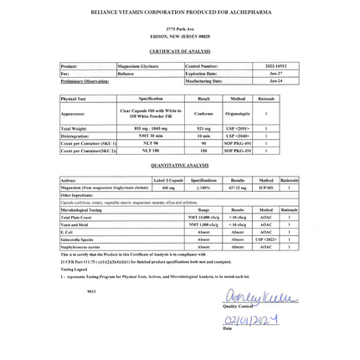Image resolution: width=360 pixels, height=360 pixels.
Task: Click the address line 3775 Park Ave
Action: coord(179,30)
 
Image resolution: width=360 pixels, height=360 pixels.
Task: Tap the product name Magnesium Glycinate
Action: coord(131,65)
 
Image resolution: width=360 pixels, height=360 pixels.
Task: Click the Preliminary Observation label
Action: coord(87,81)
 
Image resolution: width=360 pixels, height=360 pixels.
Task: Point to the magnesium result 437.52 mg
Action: coord(238,188)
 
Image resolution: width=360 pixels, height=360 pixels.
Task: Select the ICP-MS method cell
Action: coord(265,188)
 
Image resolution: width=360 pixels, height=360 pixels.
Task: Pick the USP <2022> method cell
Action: coord(265,239)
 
